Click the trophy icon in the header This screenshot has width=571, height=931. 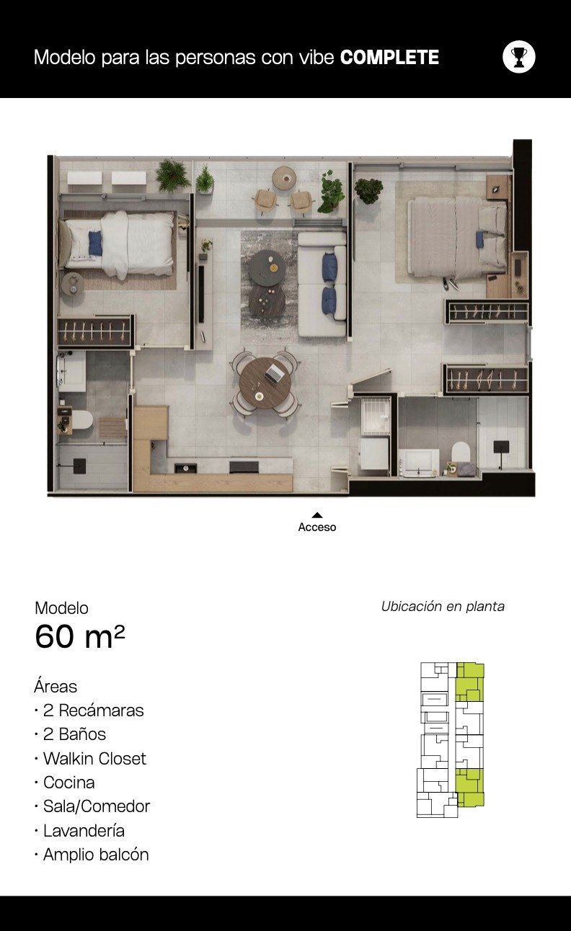point(518,57)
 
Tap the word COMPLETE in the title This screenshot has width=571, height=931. point(389,58)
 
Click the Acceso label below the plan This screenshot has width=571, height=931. point(317,527)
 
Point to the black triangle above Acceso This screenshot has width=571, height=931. point(317,515)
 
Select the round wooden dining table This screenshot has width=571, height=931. point(265,383)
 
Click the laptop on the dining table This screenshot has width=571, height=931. point(273,373)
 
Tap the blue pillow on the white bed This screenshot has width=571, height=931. point(95,243)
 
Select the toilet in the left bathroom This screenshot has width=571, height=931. point(81,420)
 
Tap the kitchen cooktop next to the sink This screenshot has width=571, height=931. point(244,466)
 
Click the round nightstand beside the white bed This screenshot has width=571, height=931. point(74,285)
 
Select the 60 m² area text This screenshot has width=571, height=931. point(80,636)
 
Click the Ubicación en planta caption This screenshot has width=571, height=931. point(443,607)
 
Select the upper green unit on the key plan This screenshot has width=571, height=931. point(470,682)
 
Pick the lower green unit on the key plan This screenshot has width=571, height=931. point(470,788)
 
